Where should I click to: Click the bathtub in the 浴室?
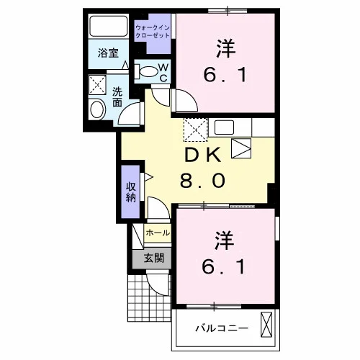point(109,26)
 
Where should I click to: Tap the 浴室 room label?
point(108,53)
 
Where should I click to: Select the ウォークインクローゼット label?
point(153,32)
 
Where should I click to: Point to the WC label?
point(163,73)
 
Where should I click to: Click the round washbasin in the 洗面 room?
point(97,109)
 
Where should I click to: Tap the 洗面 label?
point(117,97)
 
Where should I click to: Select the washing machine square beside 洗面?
point(97,84)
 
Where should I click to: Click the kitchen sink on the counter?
point(224,127)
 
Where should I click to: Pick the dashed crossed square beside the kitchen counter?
point(195,130)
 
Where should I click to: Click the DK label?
point(202,156)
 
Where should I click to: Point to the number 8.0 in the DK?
point(202,181)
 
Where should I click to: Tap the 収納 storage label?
point(131,192)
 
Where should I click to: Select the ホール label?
point(158,233)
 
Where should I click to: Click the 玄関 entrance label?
point(154,258)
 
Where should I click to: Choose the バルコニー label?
point(222,328)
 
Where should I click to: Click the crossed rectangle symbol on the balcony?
point(266,325)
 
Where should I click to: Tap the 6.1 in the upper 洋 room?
point(225,75)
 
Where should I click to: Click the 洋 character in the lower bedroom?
point(225,240)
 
